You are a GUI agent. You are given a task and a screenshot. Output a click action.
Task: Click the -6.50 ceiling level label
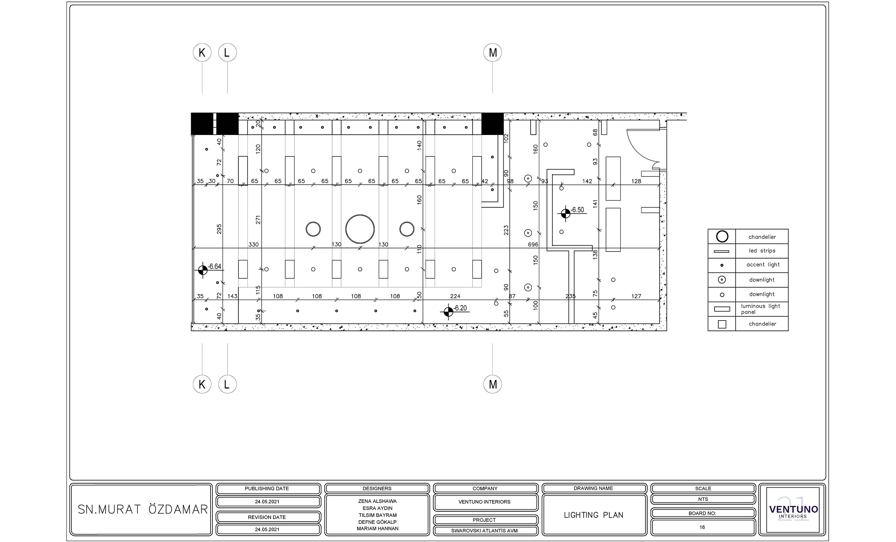tap(578, 210)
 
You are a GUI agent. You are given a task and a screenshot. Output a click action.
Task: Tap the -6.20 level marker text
tap(460, 308)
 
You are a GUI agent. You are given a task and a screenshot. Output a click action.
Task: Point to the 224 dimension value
tap(455, 296)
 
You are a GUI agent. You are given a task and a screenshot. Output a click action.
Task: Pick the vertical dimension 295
tap(219, 229)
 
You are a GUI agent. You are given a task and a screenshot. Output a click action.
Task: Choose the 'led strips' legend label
tap(762, 251)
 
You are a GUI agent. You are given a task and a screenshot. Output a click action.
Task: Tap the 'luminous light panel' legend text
tap(761, 309)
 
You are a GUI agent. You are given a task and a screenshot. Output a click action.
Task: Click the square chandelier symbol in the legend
tap(722, 324)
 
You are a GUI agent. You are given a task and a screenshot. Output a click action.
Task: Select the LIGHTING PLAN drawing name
tap(594, 515)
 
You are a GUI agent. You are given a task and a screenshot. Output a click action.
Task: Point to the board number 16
tap(702, 527)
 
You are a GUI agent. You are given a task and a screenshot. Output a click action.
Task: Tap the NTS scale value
tap(703, 499)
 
